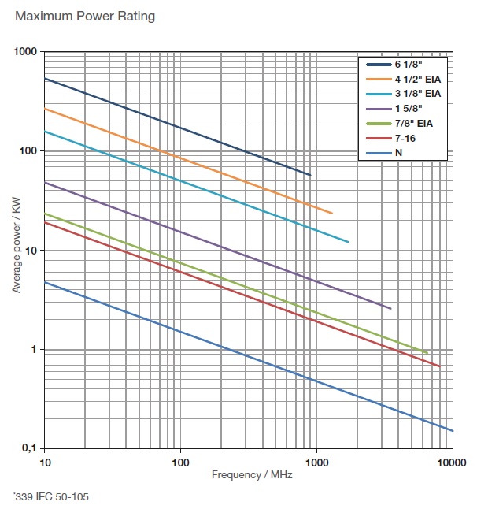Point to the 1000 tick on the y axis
click(26, 52)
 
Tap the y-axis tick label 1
click(35, 349)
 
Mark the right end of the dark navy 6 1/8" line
click(310, 175)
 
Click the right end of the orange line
click(332, 214)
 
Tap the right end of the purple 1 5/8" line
click(390, 308)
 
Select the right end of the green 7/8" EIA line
click(427, 353)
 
